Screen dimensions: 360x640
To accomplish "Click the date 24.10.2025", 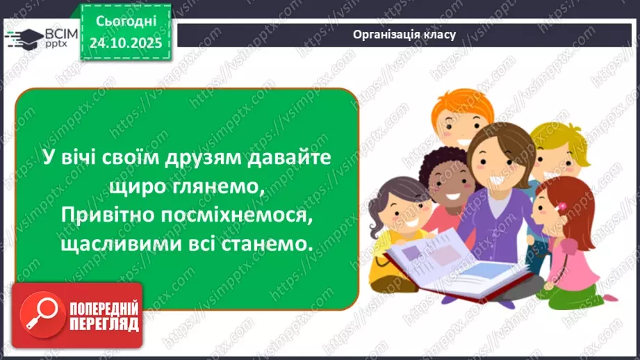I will [125, 44].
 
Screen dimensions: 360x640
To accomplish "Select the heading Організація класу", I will [404, 34].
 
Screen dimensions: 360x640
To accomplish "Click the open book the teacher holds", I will [445, 261].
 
